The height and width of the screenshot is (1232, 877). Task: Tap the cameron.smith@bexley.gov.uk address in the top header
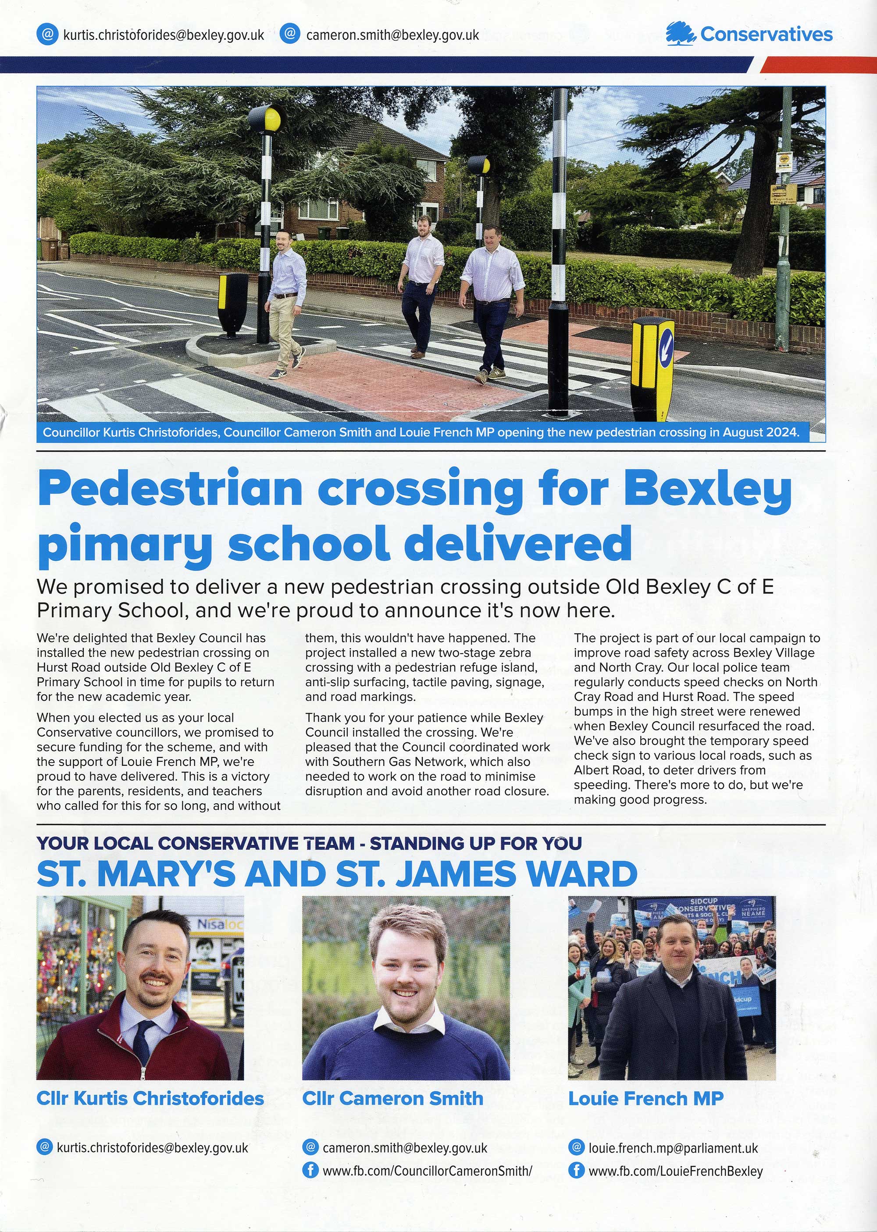pyautogui.click(x=392, y=35)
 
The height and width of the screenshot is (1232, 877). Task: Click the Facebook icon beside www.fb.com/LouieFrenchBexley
pyautogui.click(x=576, y=1171)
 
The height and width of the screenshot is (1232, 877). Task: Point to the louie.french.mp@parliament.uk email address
pyautogui.click(x=673, y=1147)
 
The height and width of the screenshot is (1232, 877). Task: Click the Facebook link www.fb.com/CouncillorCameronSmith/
pyautogui.click(x=427, y=1171)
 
